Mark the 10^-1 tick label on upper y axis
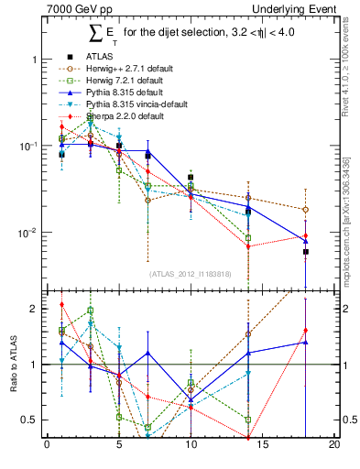(26, 147)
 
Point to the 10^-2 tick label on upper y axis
(26, 234)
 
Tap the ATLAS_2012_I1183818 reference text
(190, 273)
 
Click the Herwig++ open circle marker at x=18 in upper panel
(305, 210)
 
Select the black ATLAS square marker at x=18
(305, 251)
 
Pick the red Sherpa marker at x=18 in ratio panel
(305, 330)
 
